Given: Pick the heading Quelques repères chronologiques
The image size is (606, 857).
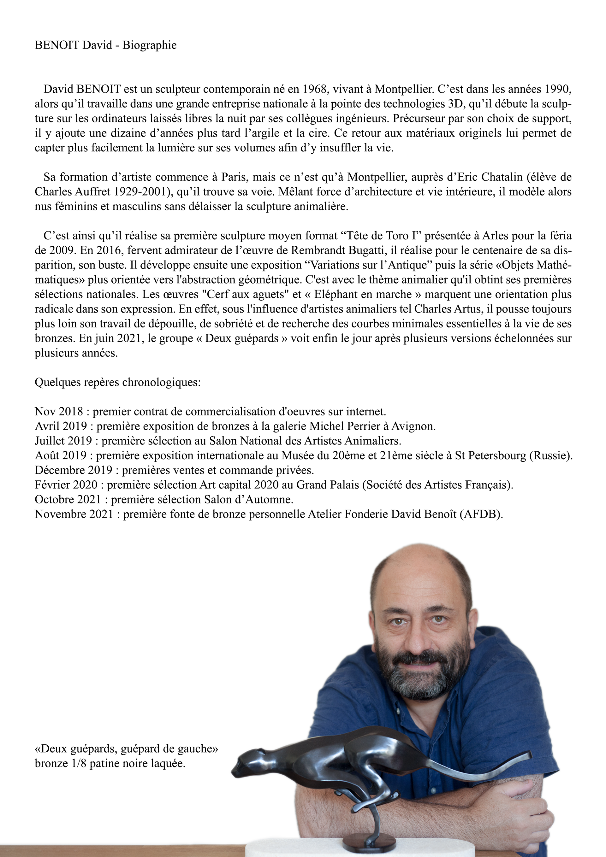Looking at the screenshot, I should pyautogui.click(x=117, y=383).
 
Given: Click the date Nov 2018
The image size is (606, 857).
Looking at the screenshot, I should pyautogui.click(x=59, y=412).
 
